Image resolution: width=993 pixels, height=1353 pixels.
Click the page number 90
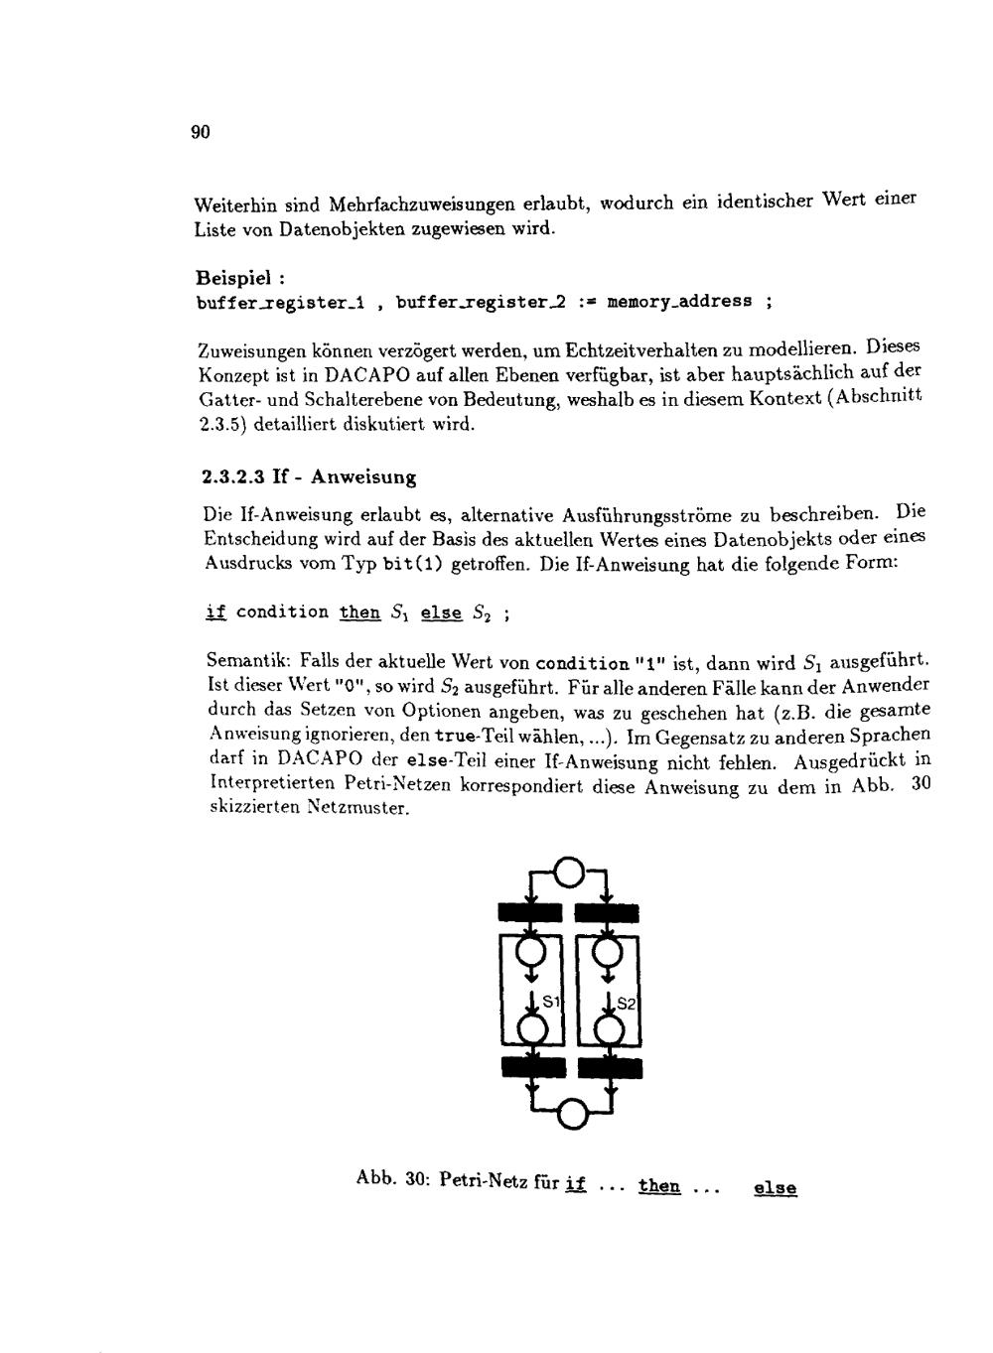tap(200, 133)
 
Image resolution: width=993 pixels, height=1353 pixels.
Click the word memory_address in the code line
tap(679, 301)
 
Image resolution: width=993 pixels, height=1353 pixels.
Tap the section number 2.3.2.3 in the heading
tap(230, 477)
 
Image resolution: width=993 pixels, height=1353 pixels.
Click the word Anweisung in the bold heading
tap(363, 477)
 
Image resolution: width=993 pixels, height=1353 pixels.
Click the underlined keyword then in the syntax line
tap(359, 612)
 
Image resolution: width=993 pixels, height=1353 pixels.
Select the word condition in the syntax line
tap(283, 612)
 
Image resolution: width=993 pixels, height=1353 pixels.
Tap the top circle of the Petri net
tap(568, 873)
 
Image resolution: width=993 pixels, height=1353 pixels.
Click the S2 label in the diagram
tap(627, 1004)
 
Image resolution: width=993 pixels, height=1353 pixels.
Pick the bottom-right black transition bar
tap(611, 1067)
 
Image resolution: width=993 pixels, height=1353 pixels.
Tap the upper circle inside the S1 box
tap(533, 953)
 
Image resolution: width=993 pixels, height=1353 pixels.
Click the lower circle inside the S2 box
tap(608, 1029)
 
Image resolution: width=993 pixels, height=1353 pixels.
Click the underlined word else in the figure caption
tap(776, 1188)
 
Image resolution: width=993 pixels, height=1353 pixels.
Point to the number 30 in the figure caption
tap(416, 1181)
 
